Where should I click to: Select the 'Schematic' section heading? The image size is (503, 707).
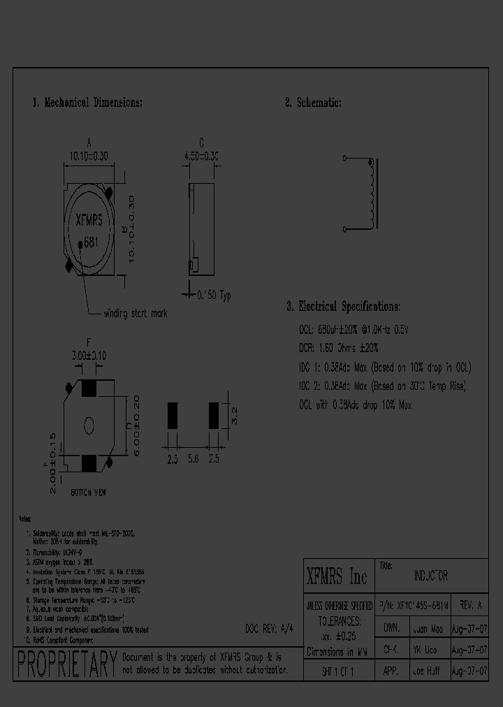pos(313,103)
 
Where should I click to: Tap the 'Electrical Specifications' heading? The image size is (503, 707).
pos(343,307)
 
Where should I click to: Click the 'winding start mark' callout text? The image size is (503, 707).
pos(135,314)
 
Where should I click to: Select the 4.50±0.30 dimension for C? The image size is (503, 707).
pos(201,157)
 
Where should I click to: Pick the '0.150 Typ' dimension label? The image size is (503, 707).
pos(212,296)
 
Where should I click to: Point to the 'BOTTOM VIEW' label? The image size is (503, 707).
pos(88,493)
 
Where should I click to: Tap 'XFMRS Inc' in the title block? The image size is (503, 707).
pos(337,577)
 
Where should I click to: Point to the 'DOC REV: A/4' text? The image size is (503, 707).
pos(270,628)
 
